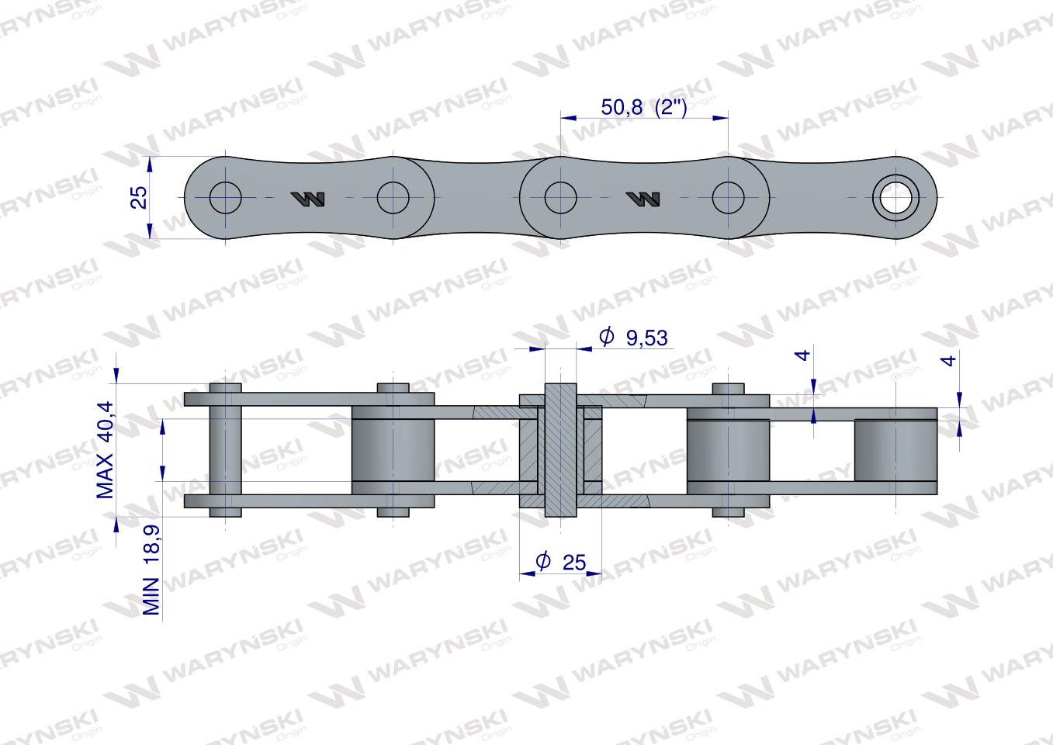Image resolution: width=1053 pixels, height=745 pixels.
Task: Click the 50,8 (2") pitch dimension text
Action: pos(644,107)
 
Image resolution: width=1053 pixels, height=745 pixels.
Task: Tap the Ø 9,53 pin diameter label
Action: pos(633,338)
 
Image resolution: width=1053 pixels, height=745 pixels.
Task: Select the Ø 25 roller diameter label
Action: pos(561,562)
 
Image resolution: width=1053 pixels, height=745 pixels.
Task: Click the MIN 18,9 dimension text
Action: pos(151,570)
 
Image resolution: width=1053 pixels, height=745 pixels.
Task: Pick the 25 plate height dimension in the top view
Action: pos(139,197)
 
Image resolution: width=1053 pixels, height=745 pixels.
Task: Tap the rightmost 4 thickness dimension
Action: pos(949,361)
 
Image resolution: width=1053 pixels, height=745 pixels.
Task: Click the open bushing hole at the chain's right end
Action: pos(895,197)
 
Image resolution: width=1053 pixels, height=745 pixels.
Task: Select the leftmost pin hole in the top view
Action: pos(226,197)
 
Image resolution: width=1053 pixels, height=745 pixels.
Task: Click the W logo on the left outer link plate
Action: pos(308,199)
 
